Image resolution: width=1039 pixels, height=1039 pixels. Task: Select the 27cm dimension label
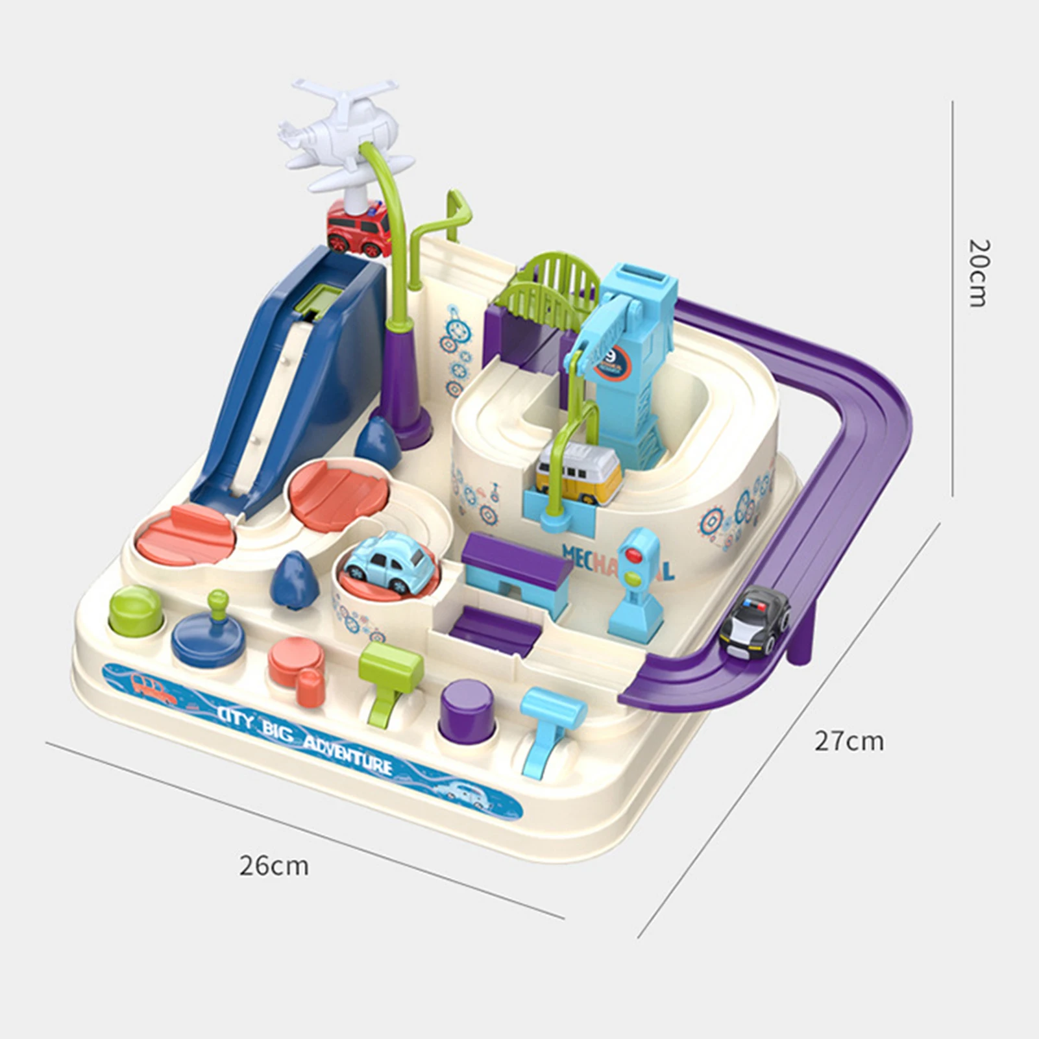tap(849, 740)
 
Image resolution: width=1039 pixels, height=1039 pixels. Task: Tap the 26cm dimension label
tap(273, 865)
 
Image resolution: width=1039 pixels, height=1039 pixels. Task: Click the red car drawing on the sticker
tap(154, 689)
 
